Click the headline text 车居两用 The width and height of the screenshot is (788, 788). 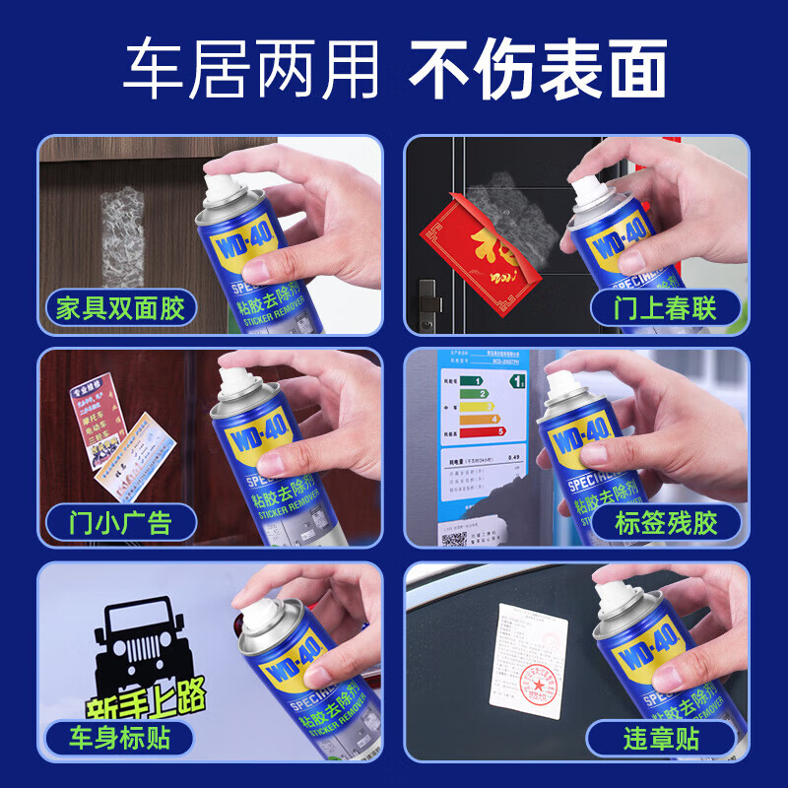[251, 69]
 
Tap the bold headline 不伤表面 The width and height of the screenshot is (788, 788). [538, 69]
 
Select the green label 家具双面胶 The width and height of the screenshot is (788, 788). [120, 309]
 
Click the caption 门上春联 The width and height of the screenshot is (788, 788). [666, 309]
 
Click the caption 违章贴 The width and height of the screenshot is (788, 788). [661, 737]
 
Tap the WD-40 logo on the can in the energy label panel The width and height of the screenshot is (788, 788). [582, 439]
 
